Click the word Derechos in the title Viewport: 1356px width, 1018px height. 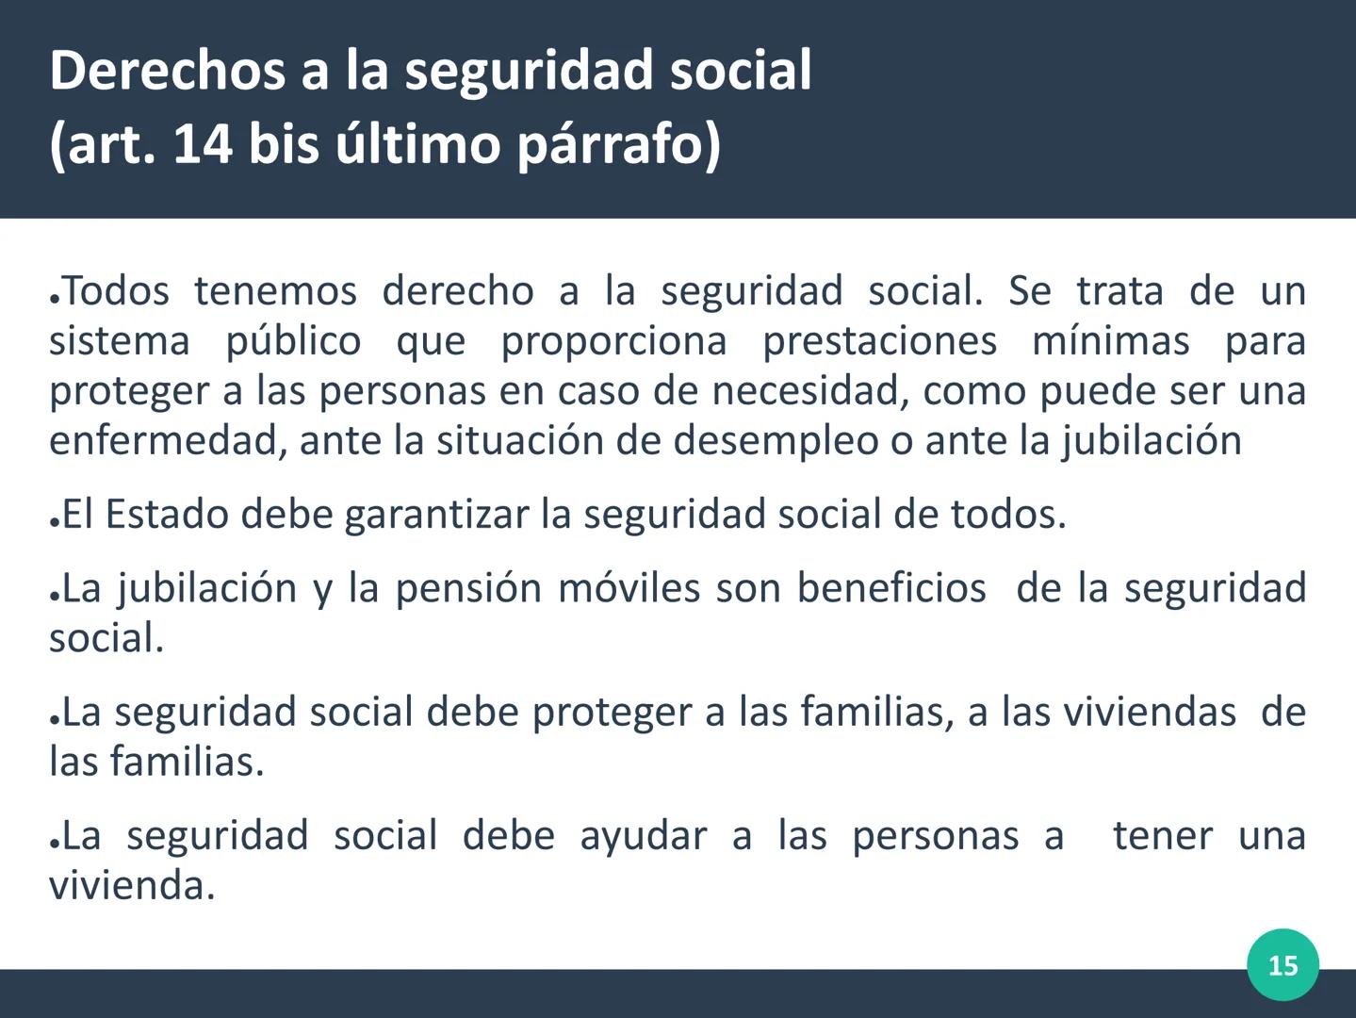click(166, 71)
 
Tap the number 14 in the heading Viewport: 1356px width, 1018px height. click(203, 145)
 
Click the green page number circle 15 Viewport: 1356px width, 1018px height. click(1282, 965)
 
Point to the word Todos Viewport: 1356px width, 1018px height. click(116, 290)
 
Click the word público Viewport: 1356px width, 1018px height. click(293, 340)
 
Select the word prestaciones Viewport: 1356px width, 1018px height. click(879, 340)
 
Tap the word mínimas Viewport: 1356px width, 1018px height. click(1111, 340)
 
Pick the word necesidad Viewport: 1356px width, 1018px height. click(810, 390)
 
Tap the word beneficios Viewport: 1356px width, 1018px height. click(891, 588)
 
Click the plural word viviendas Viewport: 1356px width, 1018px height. click(1150, 712)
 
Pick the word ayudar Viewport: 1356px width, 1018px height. click(643, 836)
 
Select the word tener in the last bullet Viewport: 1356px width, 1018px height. click(1163, 836)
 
